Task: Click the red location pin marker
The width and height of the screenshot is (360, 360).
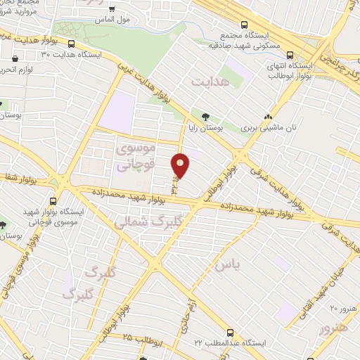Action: click(x=181, y=165)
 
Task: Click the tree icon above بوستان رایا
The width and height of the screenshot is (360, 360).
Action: click(x=205, y=117)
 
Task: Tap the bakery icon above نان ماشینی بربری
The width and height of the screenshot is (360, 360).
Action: click(x=267, y=117)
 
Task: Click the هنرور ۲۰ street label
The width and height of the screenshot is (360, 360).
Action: click(x=343, y=308)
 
